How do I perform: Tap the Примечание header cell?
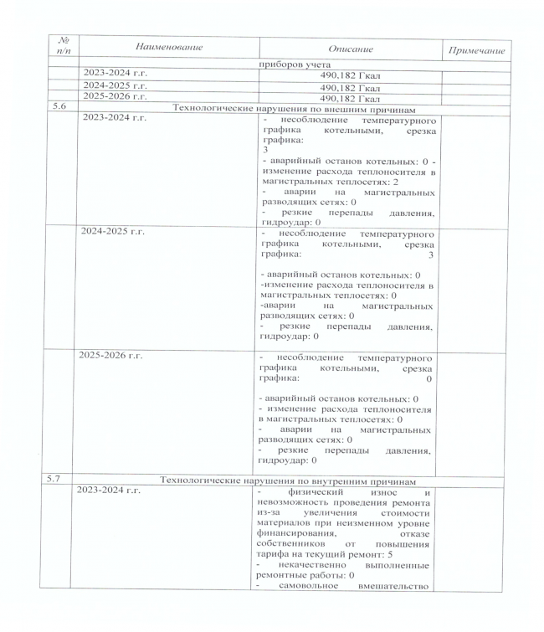click(476, 52)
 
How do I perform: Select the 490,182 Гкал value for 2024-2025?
click(349, 87)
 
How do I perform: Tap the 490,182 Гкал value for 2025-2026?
click(349, 99)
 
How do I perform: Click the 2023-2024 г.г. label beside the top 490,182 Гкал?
click(115, 75)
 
